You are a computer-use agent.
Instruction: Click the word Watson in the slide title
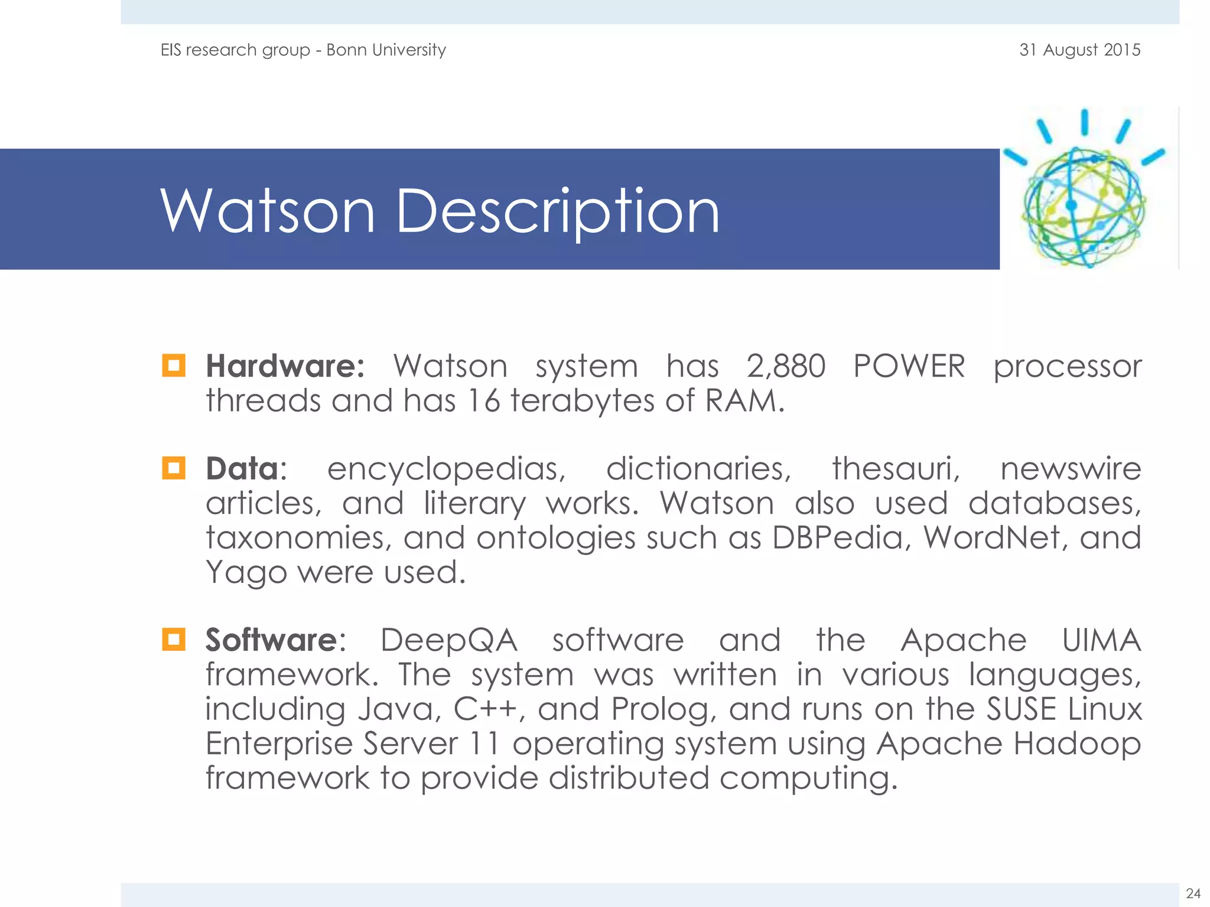267,211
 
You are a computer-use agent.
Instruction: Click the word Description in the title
557,211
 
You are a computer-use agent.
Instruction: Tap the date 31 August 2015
1079,50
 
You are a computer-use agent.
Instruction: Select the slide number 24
1193,893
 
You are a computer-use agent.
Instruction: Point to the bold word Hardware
285,366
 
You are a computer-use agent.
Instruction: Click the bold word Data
242,469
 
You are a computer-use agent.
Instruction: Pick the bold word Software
271,640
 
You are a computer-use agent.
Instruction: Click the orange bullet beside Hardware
174,366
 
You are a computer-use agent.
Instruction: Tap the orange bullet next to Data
174,468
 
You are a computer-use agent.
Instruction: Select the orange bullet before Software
174,640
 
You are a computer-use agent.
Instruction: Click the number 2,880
786,366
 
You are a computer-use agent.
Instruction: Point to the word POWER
909,366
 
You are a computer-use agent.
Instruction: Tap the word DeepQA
449,640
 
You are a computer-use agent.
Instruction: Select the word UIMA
1101,640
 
